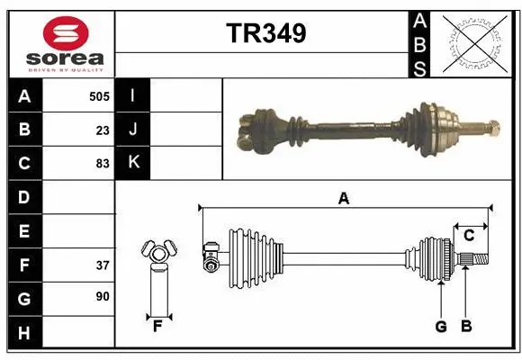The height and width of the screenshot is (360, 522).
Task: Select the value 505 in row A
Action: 100,95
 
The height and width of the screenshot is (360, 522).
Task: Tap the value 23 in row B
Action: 103,130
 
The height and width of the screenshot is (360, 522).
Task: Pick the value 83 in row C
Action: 103,164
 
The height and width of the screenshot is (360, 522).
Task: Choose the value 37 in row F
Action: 103,265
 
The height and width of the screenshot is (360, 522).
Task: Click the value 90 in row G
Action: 103,297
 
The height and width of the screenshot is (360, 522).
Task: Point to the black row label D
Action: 24,197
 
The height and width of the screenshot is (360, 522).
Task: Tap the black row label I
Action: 133,95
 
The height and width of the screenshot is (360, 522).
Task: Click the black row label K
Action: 133,163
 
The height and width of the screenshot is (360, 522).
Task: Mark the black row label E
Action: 24,231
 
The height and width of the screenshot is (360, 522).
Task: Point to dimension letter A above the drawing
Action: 343,199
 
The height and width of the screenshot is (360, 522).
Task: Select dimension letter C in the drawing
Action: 469,236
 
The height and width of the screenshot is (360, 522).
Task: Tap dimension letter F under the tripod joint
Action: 157,327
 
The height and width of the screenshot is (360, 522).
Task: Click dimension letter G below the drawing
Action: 441,327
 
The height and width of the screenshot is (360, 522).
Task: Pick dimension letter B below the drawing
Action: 466,327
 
